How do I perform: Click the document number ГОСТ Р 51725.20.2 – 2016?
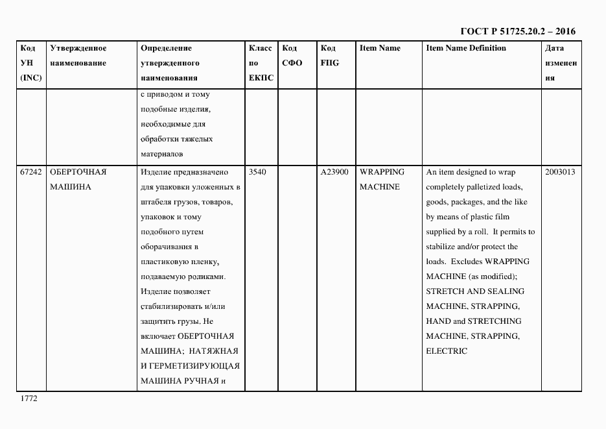click(517, 31)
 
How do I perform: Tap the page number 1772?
click(29, 398)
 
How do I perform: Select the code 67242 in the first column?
click(31, 172)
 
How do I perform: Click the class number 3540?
click(258, 172)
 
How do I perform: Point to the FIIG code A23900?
click(334, 172)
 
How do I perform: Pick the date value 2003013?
click(560, 172)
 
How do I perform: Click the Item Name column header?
click(380, 48)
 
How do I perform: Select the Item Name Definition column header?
click(466, 48)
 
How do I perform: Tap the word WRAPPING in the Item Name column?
click(382, 172)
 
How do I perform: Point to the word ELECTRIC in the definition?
click(447, 351)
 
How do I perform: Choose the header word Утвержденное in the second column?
click(78, 48)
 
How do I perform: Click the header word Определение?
click(166, 48)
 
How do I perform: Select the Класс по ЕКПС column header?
click(261, 63)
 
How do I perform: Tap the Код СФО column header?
click(292, 56)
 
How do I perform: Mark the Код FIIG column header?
click(329, 56)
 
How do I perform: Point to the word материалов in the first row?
click(161, 154)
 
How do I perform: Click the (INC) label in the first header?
click(31, 78)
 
